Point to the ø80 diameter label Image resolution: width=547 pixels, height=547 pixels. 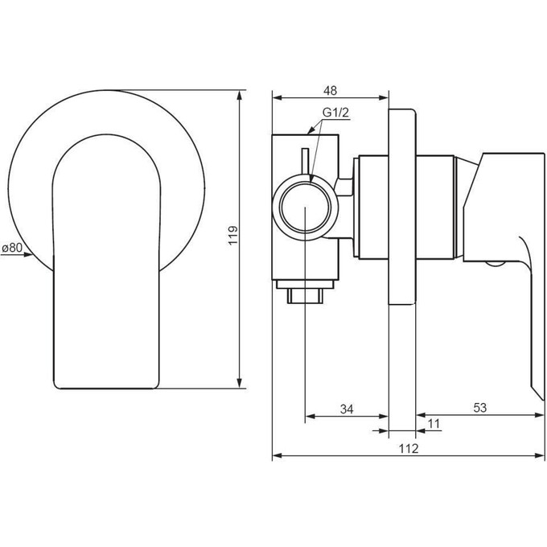[x=12, y=249]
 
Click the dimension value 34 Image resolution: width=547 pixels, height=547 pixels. [x=347, y=409]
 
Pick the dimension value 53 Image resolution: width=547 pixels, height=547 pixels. [x=479, y=409]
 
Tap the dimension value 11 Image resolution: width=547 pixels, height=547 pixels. [x=434, y=423]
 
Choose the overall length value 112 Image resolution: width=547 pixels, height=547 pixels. [x=407, y=449]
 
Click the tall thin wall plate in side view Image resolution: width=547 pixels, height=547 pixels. [x=402, y=207]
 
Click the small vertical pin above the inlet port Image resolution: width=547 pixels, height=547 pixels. [x=305, y=161]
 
